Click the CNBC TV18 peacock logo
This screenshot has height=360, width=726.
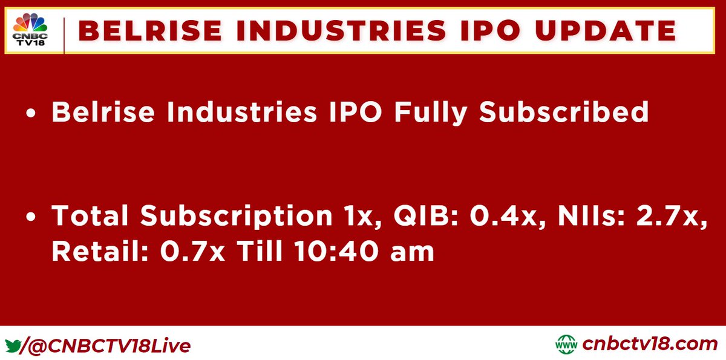point(30,28)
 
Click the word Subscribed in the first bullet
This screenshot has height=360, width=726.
point(564,113)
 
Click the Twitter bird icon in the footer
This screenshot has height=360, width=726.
point(13,345)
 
